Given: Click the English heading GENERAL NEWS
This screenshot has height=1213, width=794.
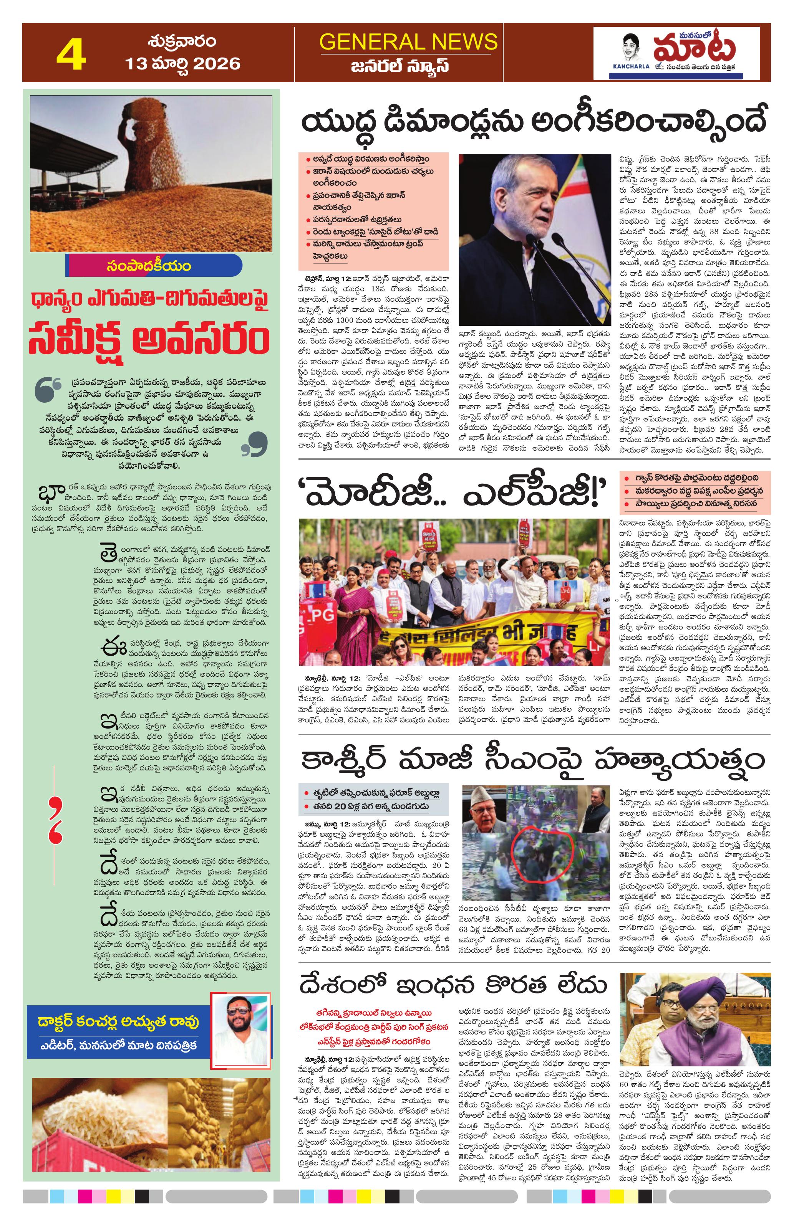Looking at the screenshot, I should [408, 41].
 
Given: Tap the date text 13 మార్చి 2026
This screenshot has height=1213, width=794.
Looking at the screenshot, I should [182, 64].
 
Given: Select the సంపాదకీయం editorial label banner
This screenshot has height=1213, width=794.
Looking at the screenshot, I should [153, 266].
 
